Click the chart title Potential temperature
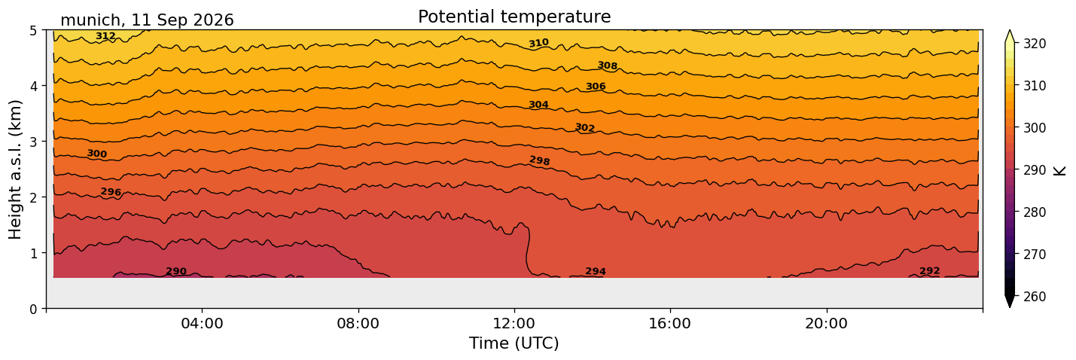pos(514,17)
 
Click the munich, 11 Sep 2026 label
pos(147,20)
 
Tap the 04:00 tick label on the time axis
pos(203,323)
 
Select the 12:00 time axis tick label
pos(514,323)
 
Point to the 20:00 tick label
pos(826,323)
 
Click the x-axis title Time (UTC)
pos(514,343)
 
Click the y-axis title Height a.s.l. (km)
pos(15,169)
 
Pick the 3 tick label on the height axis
pos(33,142)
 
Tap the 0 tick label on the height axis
pos(33,309)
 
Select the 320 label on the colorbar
pos(1033,44)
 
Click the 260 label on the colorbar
pos(1033,297)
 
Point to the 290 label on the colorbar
pos(1033,170)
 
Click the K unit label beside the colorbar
pos(1059,171)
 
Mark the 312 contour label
pos(105,36)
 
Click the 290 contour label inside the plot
pos(175,272)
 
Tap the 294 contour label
pos(595,272)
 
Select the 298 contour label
pos(539,160)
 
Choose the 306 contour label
pos(596,87)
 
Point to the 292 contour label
pos(929,271)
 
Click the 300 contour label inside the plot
pos(97,154)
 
